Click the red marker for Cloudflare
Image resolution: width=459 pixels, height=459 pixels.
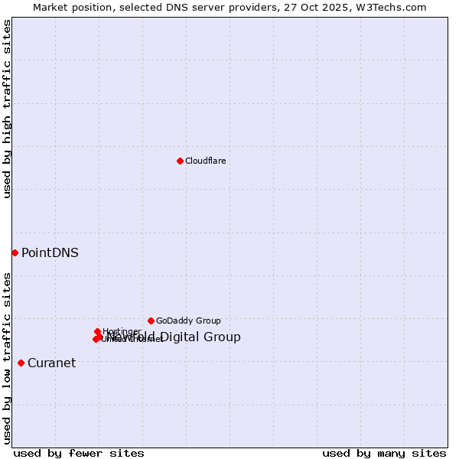180,161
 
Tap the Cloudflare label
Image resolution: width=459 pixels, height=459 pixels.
205,161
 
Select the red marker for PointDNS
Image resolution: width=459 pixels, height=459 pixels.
15,252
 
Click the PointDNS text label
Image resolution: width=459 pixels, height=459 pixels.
50,253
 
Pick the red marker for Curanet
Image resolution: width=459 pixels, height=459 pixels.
21,363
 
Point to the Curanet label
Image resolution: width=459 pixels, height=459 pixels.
51,363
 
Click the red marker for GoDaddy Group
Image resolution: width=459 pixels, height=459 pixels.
151,321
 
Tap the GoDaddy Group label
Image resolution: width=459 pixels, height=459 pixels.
188,321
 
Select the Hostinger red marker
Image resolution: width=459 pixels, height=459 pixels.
98,332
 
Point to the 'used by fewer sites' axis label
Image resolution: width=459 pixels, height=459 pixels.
79,454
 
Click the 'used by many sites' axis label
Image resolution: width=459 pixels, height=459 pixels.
384,454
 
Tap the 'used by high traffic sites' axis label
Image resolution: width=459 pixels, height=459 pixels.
7,109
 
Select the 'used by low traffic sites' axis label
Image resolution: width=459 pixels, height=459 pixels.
7,358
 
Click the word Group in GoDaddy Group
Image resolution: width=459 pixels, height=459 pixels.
208,321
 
